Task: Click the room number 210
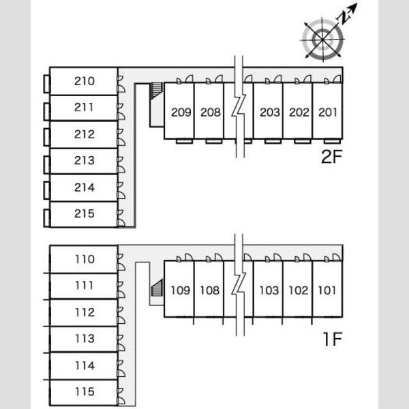pos(85,81)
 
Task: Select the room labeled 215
pos(85,213)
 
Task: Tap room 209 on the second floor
pos(181,112)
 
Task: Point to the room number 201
pos(328,112)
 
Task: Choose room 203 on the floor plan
pos(270,112)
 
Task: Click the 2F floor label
pos(331,157)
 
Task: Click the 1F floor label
pos(333,339)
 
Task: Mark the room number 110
pos(85,259)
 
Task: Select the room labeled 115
pos(85,391)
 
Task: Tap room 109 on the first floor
pos(181,290)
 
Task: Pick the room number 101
pos(327,290)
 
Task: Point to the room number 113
pos(85,338)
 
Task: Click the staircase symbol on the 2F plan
pos(156,91)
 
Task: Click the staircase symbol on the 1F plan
pos(157,288)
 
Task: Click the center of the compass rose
pos(322,40)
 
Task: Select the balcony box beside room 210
pos(46,84)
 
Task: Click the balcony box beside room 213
pos(46,165)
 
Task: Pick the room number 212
pos(85,134)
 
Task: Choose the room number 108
pos(210,290)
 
